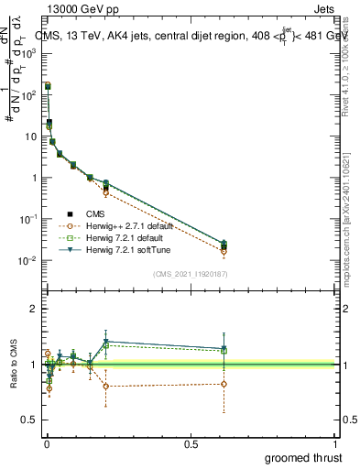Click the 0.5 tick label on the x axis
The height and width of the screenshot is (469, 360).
[x=191, y=444]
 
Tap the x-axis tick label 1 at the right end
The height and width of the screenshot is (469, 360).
[x=336, y=444]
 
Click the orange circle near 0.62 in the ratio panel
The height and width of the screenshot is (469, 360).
[x=224, y=384]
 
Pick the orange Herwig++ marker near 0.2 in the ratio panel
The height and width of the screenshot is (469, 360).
[x=106, y=386]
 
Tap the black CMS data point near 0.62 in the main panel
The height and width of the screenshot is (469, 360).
[x=224, y=246]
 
